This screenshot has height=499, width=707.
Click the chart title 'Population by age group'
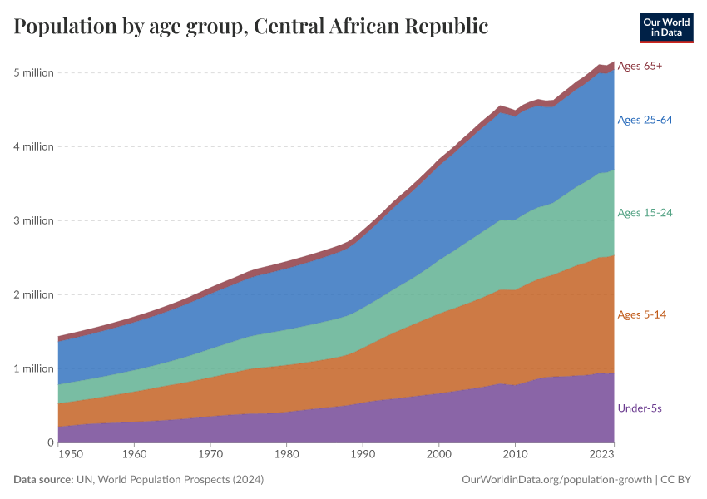click(x=250, y=27)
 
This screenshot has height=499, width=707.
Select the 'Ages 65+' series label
click(x=640, y=66)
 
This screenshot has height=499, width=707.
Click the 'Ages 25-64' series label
click(x=645, y=120)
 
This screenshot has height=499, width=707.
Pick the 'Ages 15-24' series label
click(x=645, y=213)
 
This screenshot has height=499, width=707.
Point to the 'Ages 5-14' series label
click(x=641, y=314)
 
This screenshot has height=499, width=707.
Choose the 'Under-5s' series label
click(x=639, y=408)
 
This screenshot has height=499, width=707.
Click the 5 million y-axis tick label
click(x=34, y=73)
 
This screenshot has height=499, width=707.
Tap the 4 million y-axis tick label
click(x=34, y=147)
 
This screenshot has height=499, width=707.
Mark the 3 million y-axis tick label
click(x=34, y=221)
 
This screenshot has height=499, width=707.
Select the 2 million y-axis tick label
click(x=34, y=295)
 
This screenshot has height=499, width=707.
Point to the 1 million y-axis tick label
click(x=34, y=368)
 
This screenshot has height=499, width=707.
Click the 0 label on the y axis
click(x=50, y=442)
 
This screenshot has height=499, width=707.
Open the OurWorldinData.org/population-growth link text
click(x=555, y=480)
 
